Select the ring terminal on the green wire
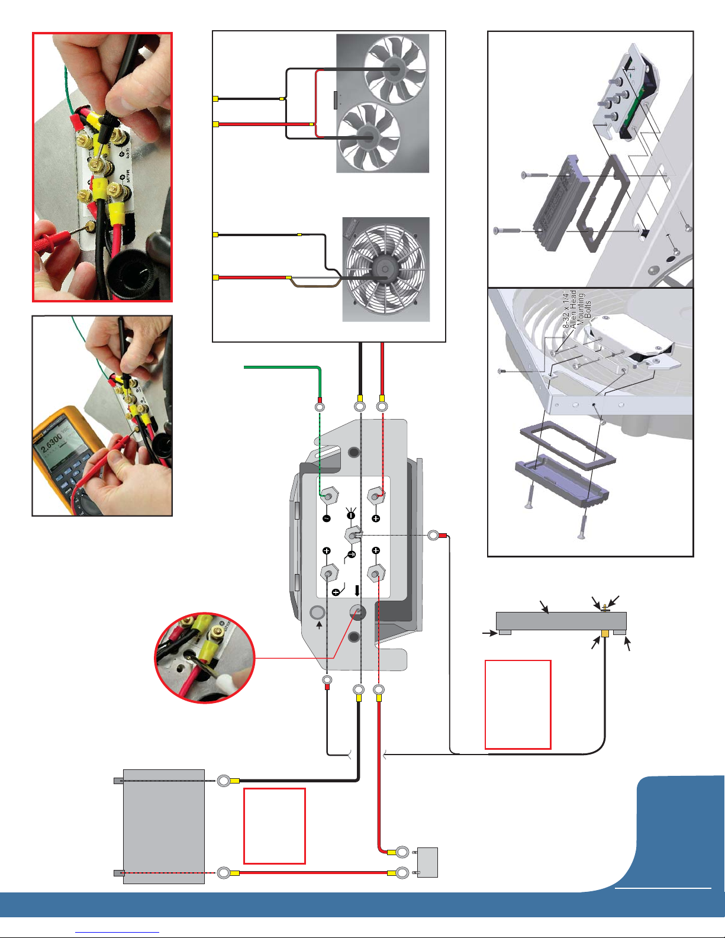[x=320, y=407]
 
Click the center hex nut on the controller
[x=353, y=536]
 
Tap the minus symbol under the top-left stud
[x=326, y=518]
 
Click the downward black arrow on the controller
[x=357, y=591]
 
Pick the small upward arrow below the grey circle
[x=319, y=624]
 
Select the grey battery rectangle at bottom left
[x=163, y=826]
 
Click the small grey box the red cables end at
[x=427, y=862]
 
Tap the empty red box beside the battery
[x=275, y=826]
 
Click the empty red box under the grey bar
[x=518, y=704]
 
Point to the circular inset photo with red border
[x=204, y=657]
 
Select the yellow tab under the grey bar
[x=605, y=633]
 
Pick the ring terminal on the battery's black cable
[x=224, y=781]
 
